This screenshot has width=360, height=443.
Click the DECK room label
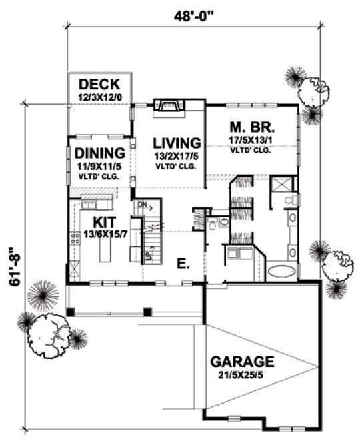pos(99,85)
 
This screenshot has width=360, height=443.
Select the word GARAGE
pos(242,362)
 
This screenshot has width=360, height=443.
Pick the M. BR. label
pos(253,127)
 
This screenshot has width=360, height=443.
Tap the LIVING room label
pos(177,143)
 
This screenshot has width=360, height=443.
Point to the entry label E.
pos(183,264)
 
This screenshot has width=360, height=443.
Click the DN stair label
pos(142,204)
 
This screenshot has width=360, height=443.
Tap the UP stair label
pos(149,254)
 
